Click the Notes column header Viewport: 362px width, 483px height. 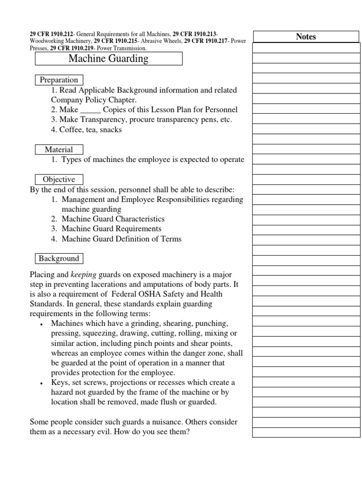306,37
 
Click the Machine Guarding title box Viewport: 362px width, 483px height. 108,58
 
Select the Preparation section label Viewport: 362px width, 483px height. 59,80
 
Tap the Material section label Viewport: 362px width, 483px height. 59,150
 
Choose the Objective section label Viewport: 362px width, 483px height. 59,179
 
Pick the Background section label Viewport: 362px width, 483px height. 59,258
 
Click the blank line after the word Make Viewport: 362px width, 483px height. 90,110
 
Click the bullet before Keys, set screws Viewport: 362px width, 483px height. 42,383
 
